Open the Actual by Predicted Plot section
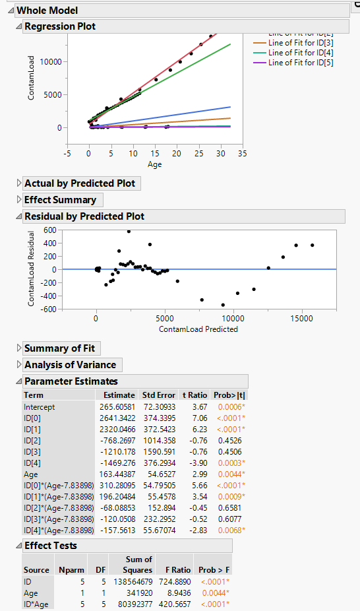79,183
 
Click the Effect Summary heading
60,200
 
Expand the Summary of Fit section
61,348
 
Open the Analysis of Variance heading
70,365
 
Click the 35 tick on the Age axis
243,152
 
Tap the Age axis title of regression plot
154,164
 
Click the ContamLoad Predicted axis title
198,329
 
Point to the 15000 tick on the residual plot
301,317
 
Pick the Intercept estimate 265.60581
116,407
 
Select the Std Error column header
159,395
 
